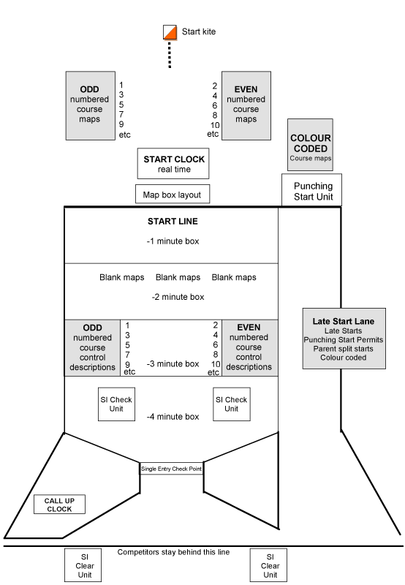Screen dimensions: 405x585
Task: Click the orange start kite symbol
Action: tap(170, 32)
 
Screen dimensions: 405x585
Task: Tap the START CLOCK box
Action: tap(173, 163)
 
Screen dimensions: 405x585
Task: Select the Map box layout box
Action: tap(173, 194)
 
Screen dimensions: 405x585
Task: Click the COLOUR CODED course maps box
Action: tap(310, 145)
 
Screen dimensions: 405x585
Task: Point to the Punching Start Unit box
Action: tap(311, 190)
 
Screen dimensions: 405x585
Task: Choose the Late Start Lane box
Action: tap(344, 339)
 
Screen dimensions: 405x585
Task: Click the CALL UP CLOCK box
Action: tap(59, 505)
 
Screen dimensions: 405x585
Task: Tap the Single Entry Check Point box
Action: tap(172, 469)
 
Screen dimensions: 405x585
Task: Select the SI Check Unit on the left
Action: tap(116, 404)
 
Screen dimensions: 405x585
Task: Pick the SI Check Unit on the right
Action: tap(232, 404)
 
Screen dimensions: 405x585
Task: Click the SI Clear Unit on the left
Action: tap(83, 565)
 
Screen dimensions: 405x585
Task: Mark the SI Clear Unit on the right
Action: tap(268, 565)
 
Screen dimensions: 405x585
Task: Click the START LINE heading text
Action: tap(173, 222)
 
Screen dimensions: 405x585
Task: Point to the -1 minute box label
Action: tap(173, 241)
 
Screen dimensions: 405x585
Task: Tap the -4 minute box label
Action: tap(173, 417)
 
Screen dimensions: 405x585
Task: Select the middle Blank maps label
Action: tap(178, 278)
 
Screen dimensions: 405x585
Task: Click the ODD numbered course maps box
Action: tap(90, 106)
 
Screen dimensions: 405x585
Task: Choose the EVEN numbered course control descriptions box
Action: tap(250, 348)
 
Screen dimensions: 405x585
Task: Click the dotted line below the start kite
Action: tap(170, 55)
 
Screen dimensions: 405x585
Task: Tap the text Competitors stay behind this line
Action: tap(173, 552)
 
